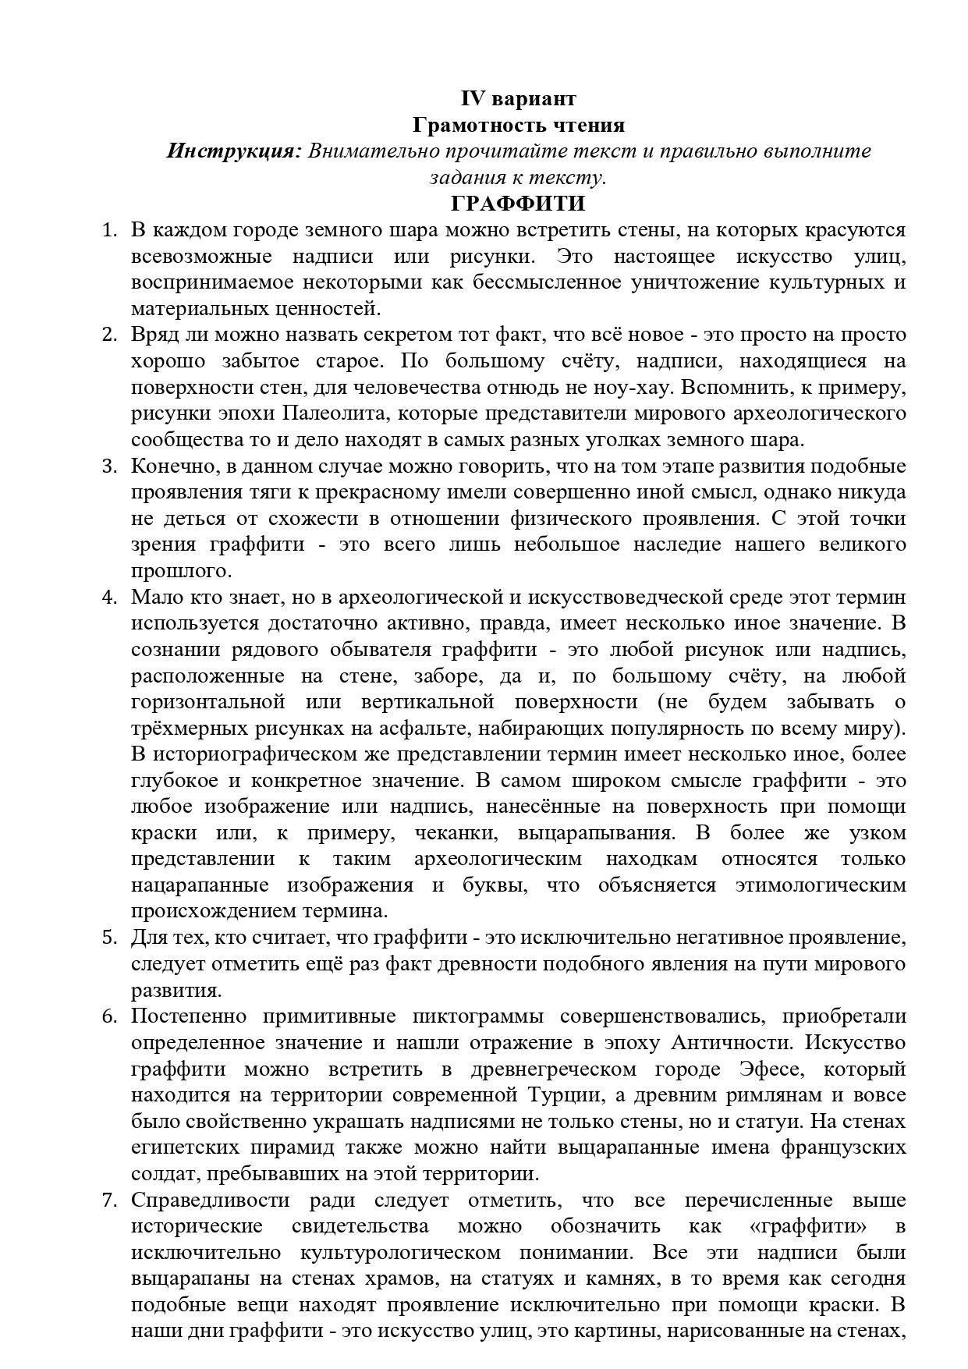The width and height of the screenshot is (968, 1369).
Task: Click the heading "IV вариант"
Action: (519, 98)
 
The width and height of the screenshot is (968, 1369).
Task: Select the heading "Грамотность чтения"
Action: (519, 125)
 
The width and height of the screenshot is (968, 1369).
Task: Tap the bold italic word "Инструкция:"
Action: (233, 151)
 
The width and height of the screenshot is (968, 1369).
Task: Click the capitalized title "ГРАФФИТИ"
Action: (518, 204)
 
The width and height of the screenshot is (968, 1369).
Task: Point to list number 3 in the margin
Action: (108, 466)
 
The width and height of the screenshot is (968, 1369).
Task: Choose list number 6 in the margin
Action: (108, 1016)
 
